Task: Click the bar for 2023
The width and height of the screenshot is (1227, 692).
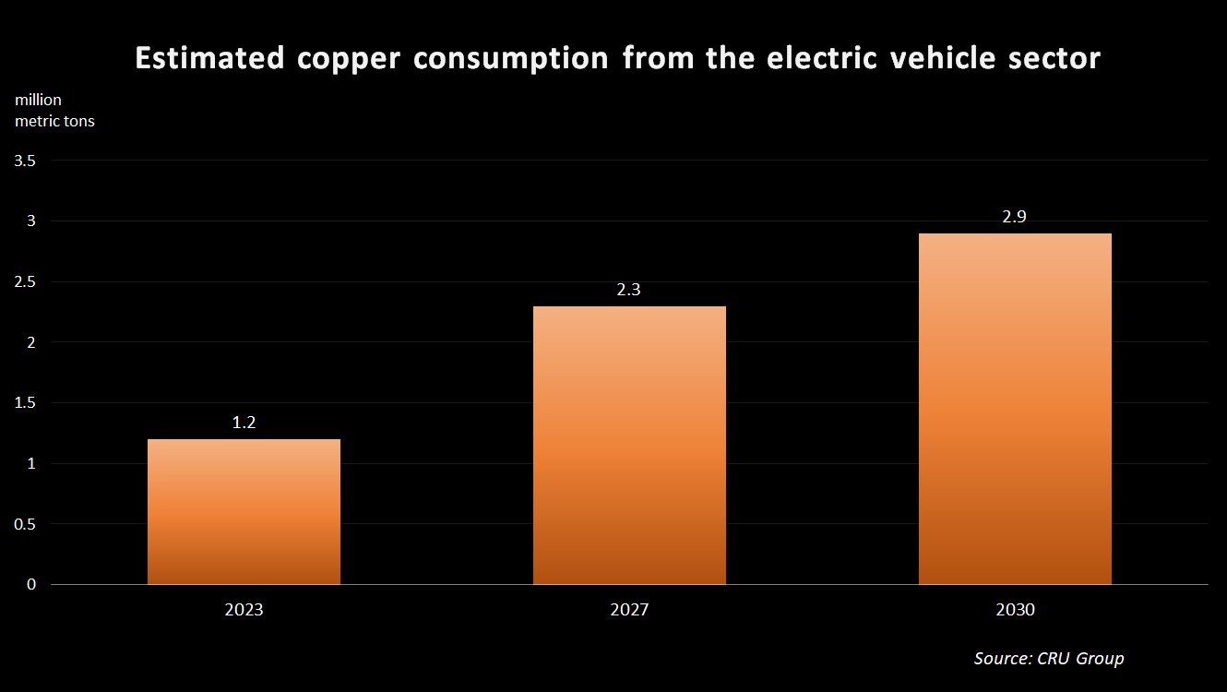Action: (244, 512)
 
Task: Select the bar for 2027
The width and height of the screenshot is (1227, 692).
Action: (629, 446)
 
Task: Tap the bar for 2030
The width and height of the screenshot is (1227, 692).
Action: (1015, 409)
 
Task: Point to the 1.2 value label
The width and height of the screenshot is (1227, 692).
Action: (244, 424)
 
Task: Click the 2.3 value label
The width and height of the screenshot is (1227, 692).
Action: (629, 290)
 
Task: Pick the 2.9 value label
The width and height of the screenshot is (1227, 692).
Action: (1015, 217)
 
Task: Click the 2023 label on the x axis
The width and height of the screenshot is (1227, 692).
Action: (244, 611)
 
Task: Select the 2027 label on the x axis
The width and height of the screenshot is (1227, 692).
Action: (629, 611)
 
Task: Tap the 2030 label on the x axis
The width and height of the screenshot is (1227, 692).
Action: (1015, 611)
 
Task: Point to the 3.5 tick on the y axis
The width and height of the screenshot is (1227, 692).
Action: (26, 161)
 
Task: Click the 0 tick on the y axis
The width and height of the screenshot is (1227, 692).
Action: (31, 584)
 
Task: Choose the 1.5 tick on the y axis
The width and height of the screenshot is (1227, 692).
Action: (26, 403)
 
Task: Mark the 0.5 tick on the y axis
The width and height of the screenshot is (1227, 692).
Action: (26, 524)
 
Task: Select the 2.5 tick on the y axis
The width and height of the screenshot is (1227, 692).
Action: (26, 282)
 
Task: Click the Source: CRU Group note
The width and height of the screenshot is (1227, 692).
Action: (1049, 658)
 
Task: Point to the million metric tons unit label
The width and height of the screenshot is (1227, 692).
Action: (54, 111)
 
